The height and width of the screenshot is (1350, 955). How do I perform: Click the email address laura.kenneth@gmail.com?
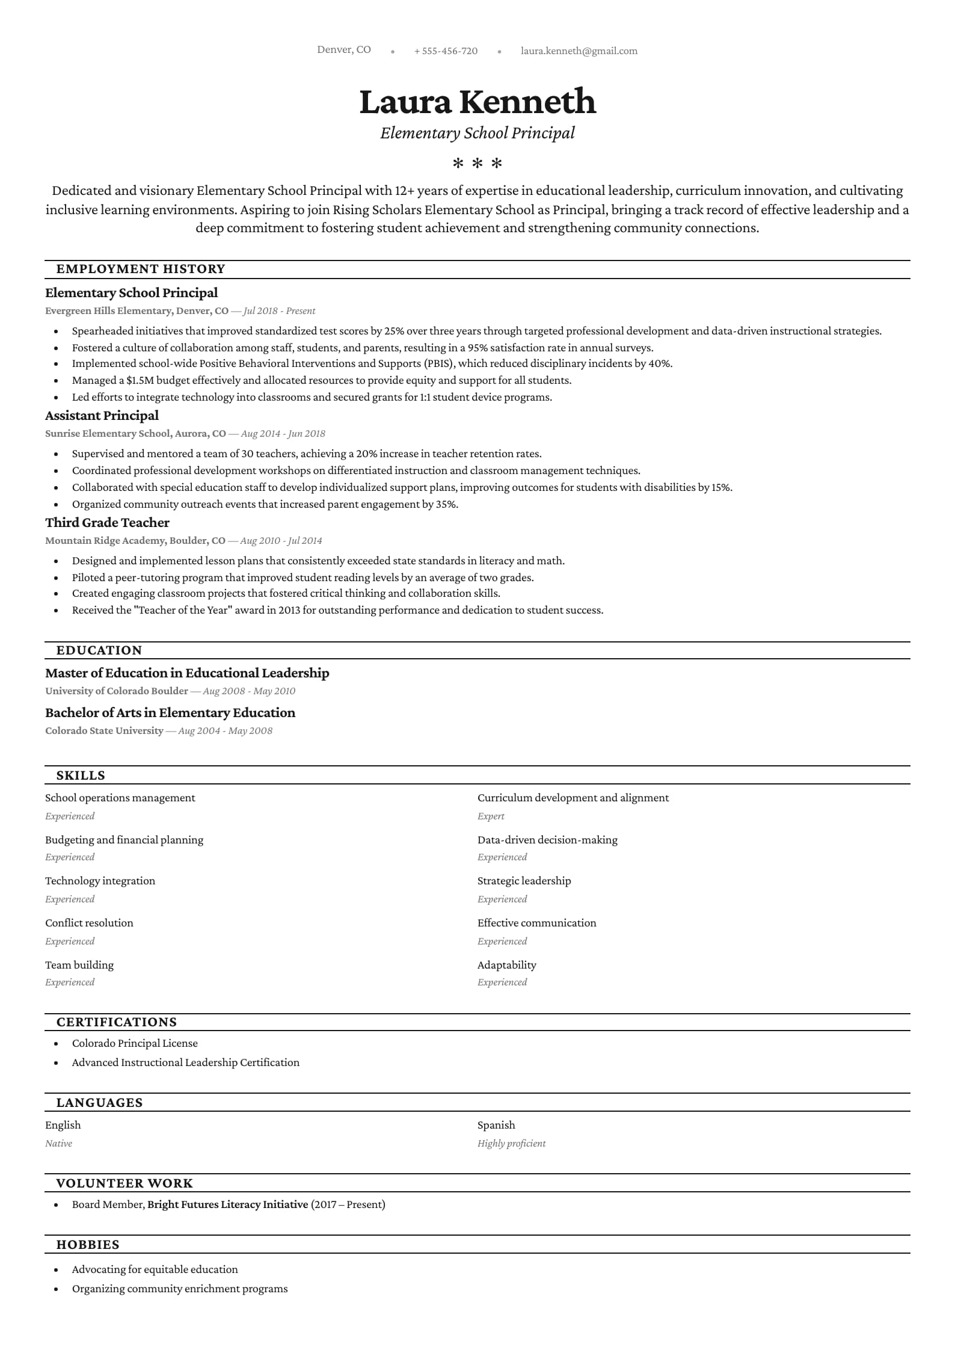coord(579,51)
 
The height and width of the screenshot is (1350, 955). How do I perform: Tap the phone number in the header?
coord(446,51)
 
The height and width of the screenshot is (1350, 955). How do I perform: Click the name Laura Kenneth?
coord(477,101)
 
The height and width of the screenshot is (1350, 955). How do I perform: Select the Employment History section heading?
coord(141,269)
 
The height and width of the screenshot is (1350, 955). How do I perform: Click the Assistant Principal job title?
coord(102,416)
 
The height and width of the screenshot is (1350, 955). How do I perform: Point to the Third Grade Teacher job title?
coord(107,523)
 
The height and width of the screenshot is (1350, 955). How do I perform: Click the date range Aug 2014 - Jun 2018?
coord(283,434)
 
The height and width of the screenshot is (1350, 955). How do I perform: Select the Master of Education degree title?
coord(187,673)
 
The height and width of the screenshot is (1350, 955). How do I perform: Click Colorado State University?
coord(104,731)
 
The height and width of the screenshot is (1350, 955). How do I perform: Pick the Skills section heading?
coord(81,775)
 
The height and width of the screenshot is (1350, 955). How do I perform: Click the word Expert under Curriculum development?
coord(491,816)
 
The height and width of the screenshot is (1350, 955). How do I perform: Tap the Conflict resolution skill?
coord(89,923)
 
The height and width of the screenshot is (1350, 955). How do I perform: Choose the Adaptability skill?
coord(506,965)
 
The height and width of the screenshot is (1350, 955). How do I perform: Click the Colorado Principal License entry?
coord(135,1043)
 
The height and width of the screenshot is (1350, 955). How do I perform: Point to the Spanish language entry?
coord(496,1125)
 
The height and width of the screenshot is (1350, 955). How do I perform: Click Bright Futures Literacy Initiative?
coord(227,1204)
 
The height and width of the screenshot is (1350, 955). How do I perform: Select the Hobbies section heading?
coord(88,1245)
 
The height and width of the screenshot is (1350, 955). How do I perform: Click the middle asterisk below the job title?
coord(477,164)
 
